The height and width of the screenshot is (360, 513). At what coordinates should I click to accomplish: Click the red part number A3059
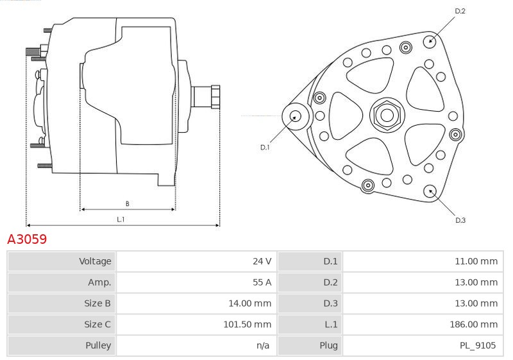pos(27,239)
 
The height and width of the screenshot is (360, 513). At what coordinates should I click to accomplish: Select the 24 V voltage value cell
pos(196,261)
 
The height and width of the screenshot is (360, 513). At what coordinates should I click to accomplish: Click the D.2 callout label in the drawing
pos(460,11)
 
